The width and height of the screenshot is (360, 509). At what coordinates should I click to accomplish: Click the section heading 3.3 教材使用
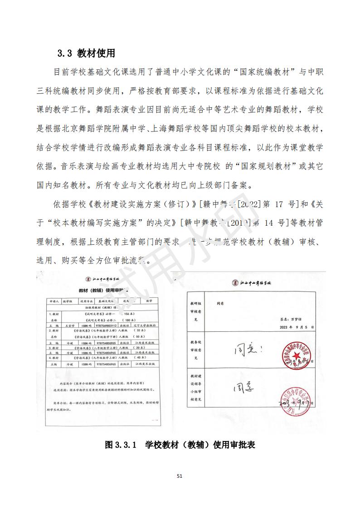pyautogui.click(x=86, y=53)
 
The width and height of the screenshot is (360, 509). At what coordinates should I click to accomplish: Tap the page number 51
pyautogui.click(x=180, y=476)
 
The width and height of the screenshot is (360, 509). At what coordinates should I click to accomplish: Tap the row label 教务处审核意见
pyautogui.click(x=196, y=350)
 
